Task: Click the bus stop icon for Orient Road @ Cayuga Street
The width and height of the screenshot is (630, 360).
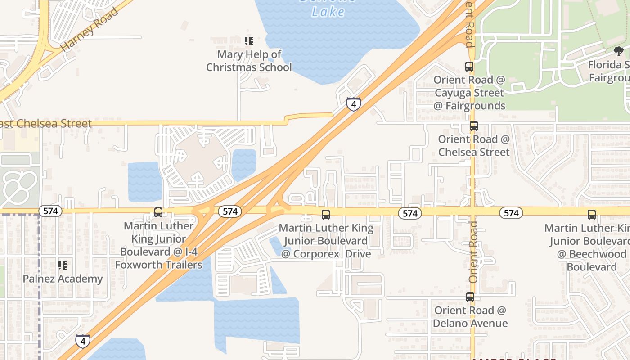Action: [x=469, y=67]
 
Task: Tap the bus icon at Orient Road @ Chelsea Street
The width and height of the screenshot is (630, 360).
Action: [x=473, y=126]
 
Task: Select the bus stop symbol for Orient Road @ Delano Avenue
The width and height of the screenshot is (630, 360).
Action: [x=470, y=297]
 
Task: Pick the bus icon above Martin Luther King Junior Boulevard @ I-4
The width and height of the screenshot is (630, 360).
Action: [x=158, y=212]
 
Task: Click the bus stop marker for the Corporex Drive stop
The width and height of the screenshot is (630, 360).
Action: [x=326, y=215]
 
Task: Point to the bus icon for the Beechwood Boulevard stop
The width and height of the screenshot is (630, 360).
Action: [x=592, y=215]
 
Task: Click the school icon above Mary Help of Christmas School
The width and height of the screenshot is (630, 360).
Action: [x=249, y=41]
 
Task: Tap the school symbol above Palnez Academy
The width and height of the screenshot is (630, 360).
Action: [x=63, y=265]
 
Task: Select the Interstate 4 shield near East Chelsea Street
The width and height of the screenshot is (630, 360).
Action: [x=354, y=104]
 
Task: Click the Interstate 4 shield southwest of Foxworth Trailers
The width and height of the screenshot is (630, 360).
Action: [x=82, y=341]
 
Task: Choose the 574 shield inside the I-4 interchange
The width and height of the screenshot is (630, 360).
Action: [x=230, y=211]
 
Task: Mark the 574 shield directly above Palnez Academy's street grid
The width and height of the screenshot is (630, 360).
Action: [x=50, y=211]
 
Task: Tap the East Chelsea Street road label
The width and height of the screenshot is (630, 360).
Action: [x=45, y=124]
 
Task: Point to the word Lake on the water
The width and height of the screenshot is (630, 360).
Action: [x=328, y=12]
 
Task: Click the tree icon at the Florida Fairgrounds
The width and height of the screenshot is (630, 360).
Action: [x=619, y=51]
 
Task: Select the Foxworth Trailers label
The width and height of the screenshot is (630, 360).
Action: [x=159, y=265]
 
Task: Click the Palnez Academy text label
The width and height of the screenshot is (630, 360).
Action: [x=63, y=279]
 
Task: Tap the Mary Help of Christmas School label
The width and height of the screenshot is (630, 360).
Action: [x=249, y=61]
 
